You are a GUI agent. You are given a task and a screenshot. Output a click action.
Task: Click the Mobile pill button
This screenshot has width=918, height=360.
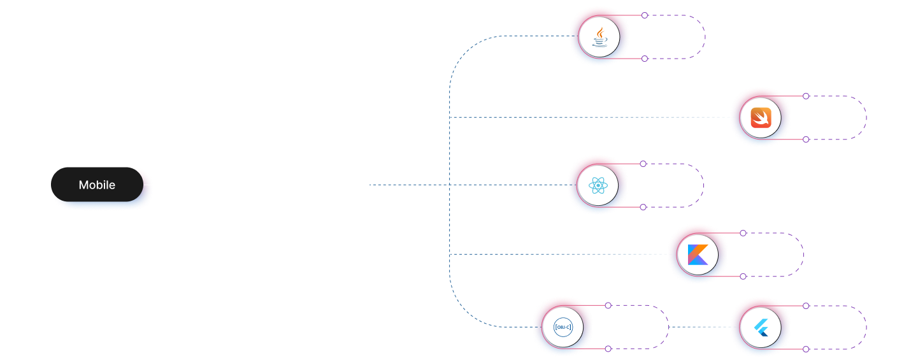click(x=97, y=185)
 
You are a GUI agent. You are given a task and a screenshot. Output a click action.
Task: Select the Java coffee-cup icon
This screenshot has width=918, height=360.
click(x=599, y=38)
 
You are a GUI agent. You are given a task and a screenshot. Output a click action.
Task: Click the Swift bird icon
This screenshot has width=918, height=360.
click(x=761, y=118)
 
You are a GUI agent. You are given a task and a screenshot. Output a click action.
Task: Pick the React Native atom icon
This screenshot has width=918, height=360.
click(x=598, y=186)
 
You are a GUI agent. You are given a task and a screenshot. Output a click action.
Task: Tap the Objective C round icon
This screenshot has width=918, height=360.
click(x=563, y=328)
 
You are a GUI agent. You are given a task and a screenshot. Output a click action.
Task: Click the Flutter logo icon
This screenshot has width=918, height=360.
click(x=761, y=328)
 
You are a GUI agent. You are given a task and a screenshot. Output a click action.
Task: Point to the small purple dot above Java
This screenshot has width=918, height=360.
click(x=645, y=15)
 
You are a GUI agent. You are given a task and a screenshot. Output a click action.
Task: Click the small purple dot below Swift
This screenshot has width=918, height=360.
click(x=806, y=139)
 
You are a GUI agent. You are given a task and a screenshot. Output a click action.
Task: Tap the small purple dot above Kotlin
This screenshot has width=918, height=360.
click(x=743, y=233)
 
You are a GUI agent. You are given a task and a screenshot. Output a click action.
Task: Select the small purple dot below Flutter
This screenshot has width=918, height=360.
click(x=806, y=349)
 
